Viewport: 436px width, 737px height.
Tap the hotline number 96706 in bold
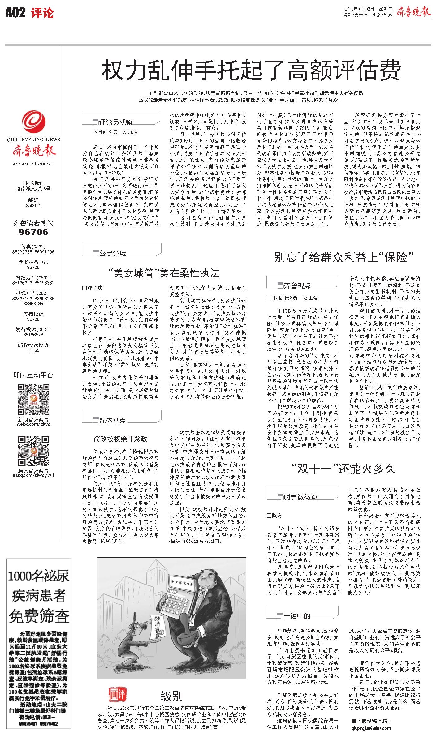(33, 232)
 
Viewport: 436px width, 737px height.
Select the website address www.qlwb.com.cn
(34, 164)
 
